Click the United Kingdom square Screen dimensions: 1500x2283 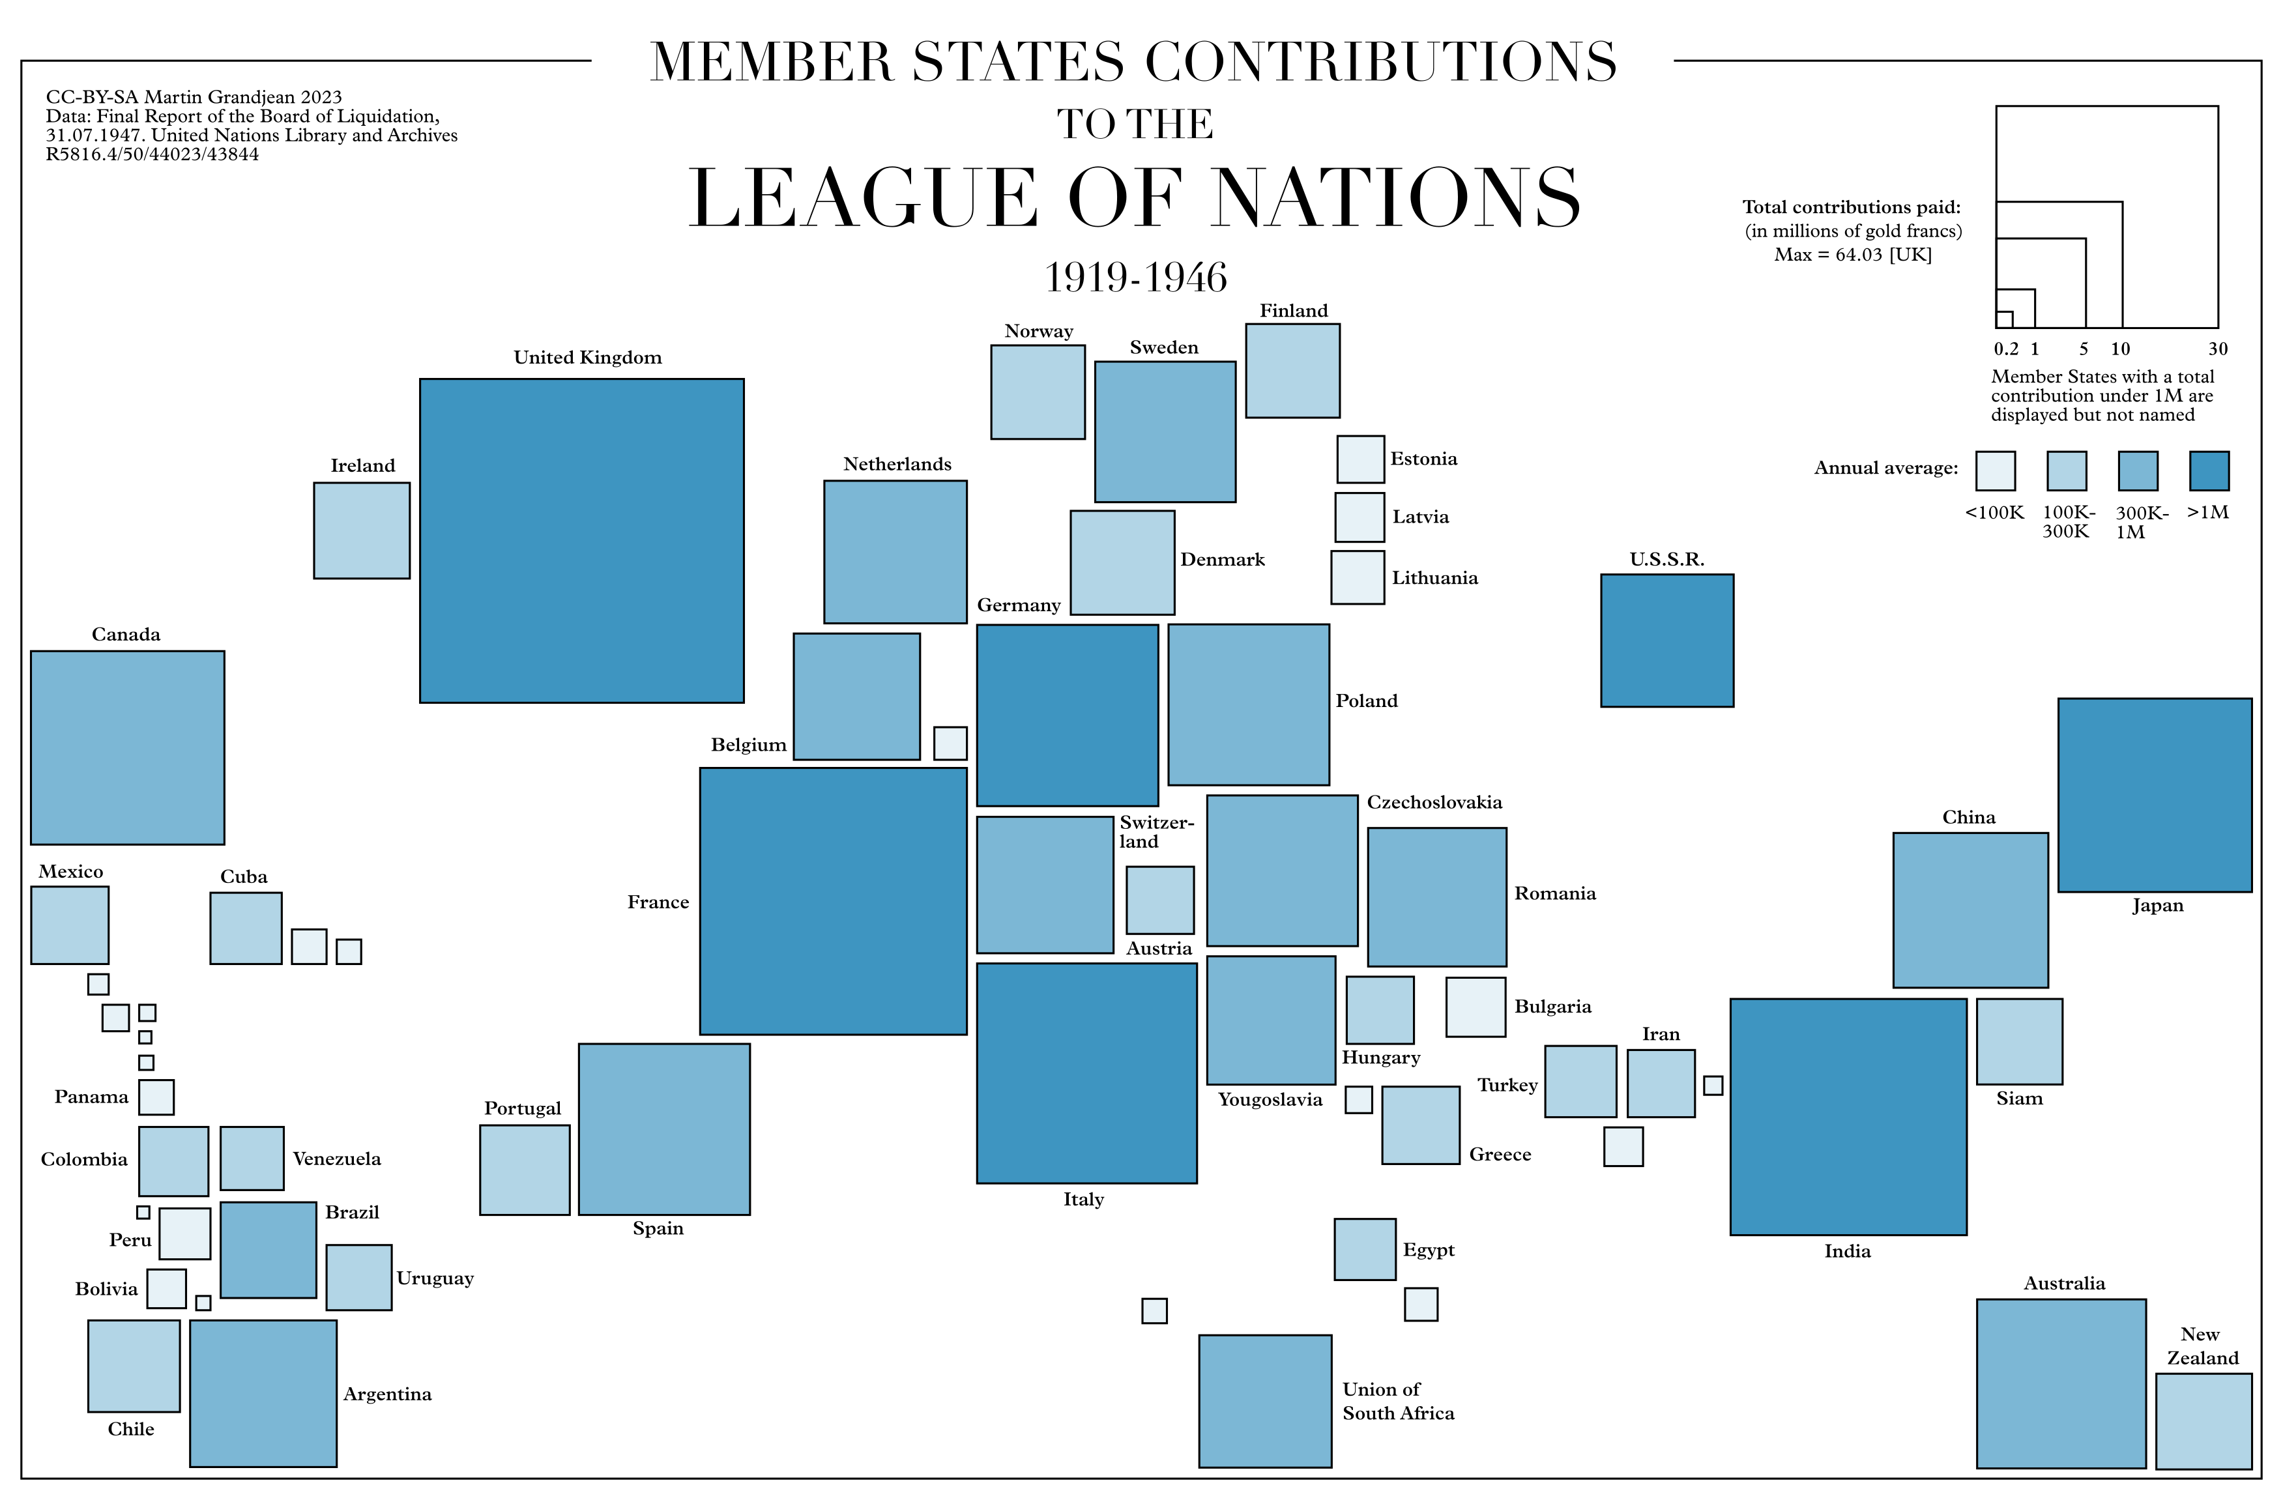point(581,541)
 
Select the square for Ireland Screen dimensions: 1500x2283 point(362,530)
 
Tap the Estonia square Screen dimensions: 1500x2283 point(1360,459)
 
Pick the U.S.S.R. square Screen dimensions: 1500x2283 point(1667,641)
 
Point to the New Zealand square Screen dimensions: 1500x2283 point(2203,1421)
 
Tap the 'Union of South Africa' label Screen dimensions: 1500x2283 point(1397,1401)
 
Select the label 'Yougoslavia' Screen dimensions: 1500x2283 point(1270,1100)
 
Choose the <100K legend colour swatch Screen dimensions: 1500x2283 point(1995,471)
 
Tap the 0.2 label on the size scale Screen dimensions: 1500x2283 point(2006,349)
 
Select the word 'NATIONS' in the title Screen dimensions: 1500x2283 point(1396,199)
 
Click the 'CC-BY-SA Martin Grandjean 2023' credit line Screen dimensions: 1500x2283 point(194,97)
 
